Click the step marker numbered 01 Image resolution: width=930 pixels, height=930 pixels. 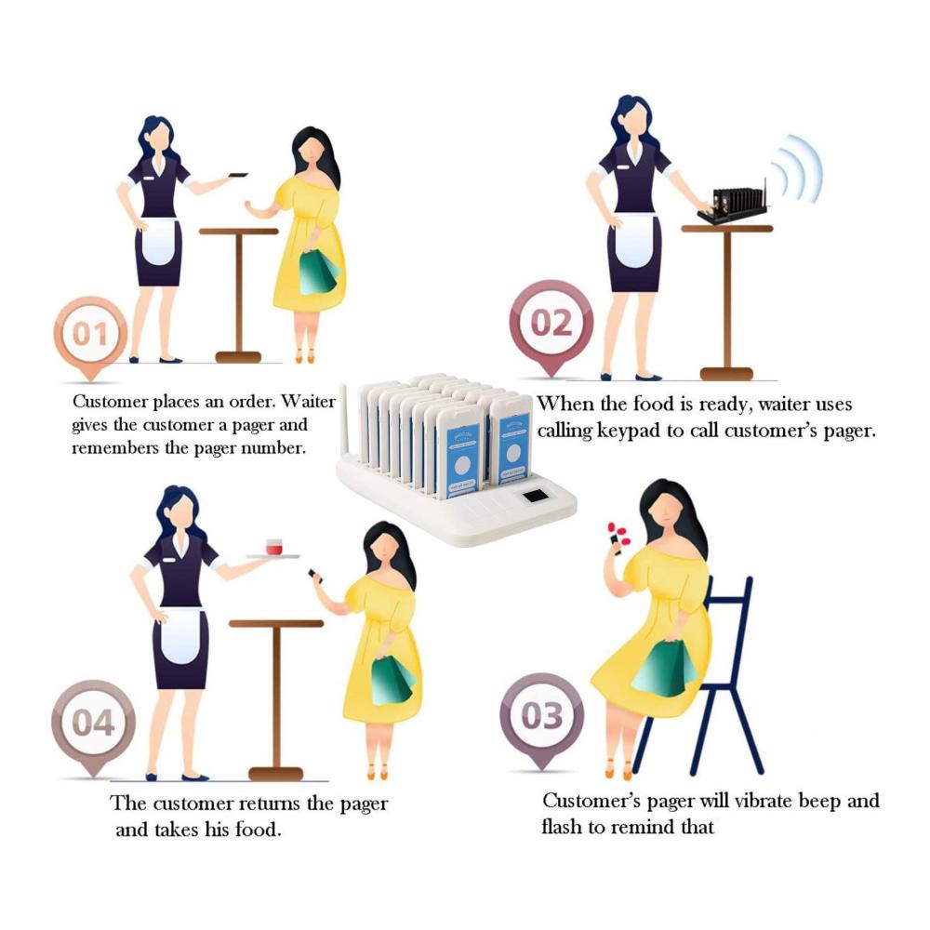[90, 335]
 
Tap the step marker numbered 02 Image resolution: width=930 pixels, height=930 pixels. [551, 324]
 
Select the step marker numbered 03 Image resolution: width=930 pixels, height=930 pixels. [541, 716]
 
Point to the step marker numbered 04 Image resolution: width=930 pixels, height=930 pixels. [93, 724]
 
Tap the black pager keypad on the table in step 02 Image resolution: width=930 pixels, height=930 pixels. [733, 206]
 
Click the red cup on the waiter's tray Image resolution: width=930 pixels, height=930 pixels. [274, 546]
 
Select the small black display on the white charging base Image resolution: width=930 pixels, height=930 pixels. [535, 496]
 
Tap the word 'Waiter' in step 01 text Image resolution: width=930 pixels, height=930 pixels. [308, 402]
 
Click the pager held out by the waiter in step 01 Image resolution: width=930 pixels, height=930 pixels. [238, 175]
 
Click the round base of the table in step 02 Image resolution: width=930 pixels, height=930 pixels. [726, 374]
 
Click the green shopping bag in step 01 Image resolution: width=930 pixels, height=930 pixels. [318, 272]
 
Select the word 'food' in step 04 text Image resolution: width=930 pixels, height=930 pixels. [257, 830]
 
